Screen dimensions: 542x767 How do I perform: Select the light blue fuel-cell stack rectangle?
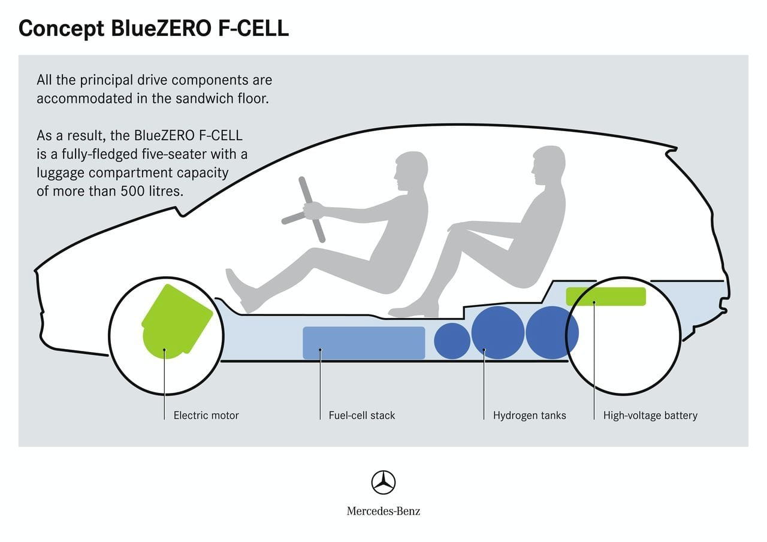[x=364, y=343]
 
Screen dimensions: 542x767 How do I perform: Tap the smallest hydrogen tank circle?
[x=452, y=341]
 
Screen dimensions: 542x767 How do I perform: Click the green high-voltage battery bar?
[x=606, y=296]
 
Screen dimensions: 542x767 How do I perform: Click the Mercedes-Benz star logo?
[x=383, y=482]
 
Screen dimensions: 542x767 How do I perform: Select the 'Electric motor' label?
[x=206, y=415]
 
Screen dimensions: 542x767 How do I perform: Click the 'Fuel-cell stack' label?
[x=362, y=415]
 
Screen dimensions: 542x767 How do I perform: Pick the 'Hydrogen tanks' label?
[x=529, y=415]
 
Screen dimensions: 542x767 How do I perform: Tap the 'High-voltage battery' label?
[x=650, y=415]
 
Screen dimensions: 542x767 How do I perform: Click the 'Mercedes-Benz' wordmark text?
[x=383, y=511]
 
